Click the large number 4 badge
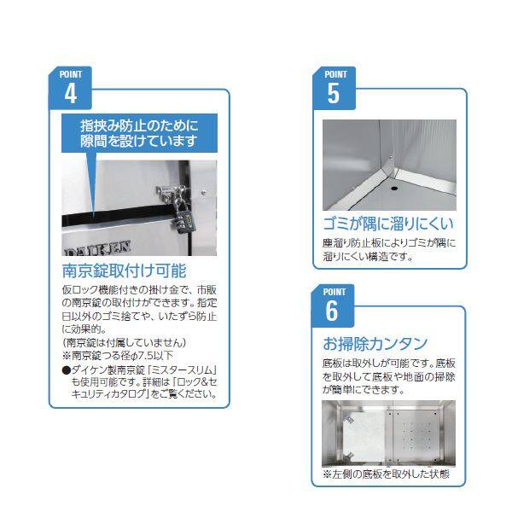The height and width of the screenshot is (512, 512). pos(70,88)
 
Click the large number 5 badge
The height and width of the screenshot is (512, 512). pos(334,88)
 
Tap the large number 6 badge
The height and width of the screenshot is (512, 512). pos(333,305)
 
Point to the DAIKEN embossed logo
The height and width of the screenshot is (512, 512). pos(98,247)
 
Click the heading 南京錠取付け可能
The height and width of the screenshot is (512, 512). pos(125,271)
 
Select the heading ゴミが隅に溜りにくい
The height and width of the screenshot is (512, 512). pos(388,224)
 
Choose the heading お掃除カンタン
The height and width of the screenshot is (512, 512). pos(375,344)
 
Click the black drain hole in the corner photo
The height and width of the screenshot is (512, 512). pos(394,189)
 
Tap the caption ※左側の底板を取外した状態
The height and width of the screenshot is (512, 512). pos(386,474)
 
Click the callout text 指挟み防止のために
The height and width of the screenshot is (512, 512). pos(139,125)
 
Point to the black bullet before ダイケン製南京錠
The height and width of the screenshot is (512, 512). pos(67,370)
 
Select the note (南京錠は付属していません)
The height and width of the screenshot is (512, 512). pos(124,342)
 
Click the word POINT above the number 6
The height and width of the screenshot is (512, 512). pos(334,292)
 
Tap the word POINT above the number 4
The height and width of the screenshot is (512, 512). pos(71,74)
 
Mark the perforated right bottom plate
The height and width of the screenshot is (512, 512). pos(419,434)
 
